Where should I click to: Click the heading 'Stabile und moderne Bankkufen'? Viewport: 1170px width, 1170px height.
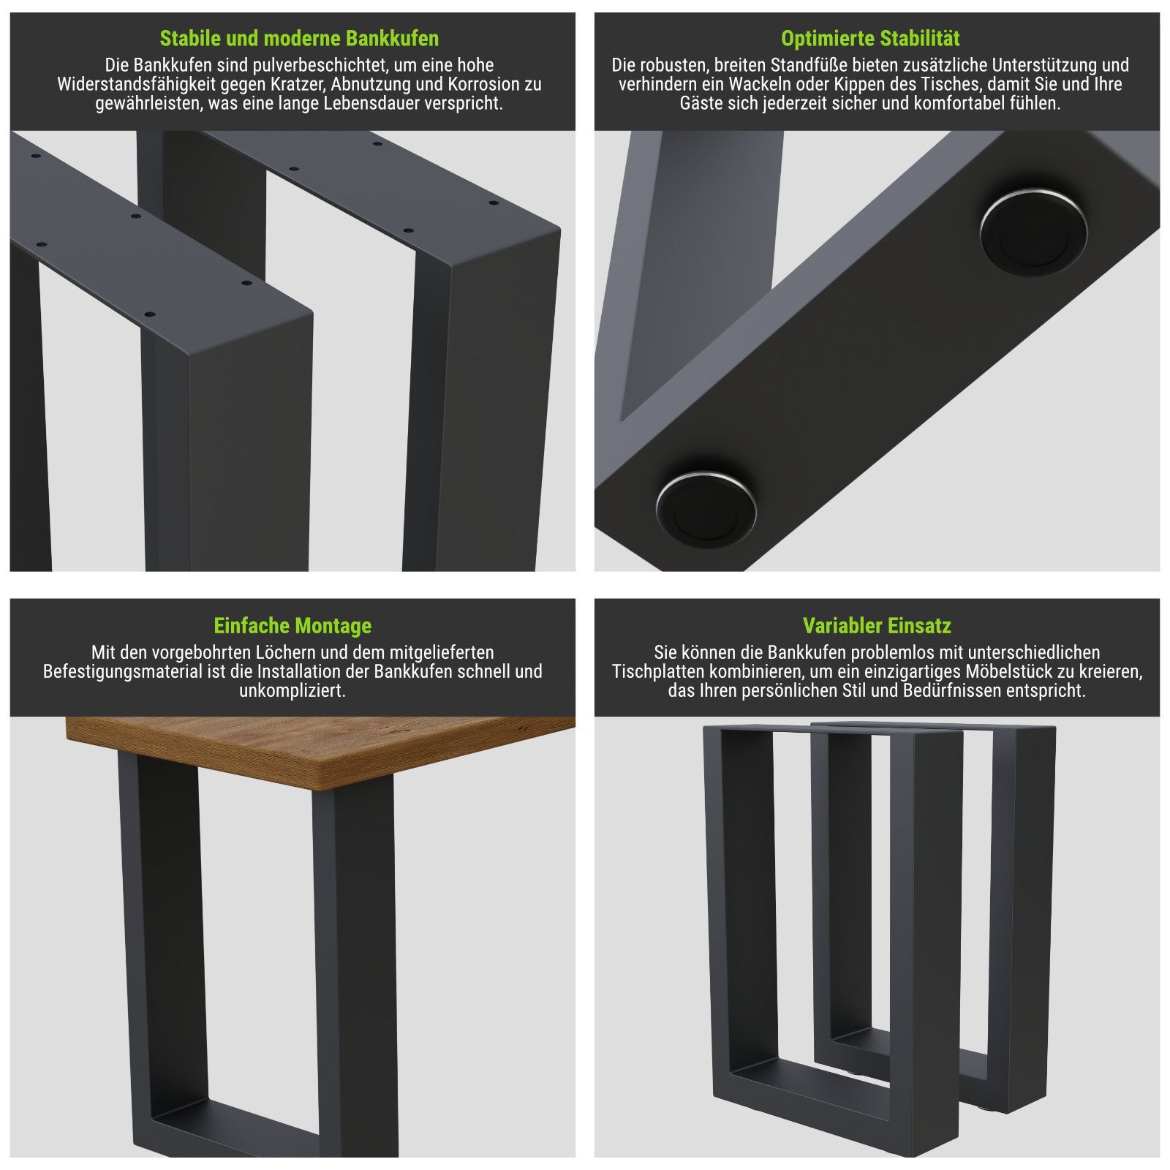click(x=299, y=38)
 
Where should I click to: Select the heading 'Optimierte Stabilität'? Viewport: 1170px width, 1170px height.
click(x=870, y=38)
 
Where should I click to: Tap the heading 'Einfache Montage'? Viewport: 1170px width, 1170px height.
click(x=292, y=626)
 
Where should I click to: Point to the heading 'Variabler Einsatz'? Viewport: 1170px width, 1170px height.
click(x=877, y=626)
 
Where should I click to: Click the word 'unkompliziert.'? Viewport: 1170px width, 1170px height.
click(x=292, y=690)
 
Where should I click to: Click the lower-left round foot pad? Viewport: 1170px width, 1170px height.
click(x=706, y=505)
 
